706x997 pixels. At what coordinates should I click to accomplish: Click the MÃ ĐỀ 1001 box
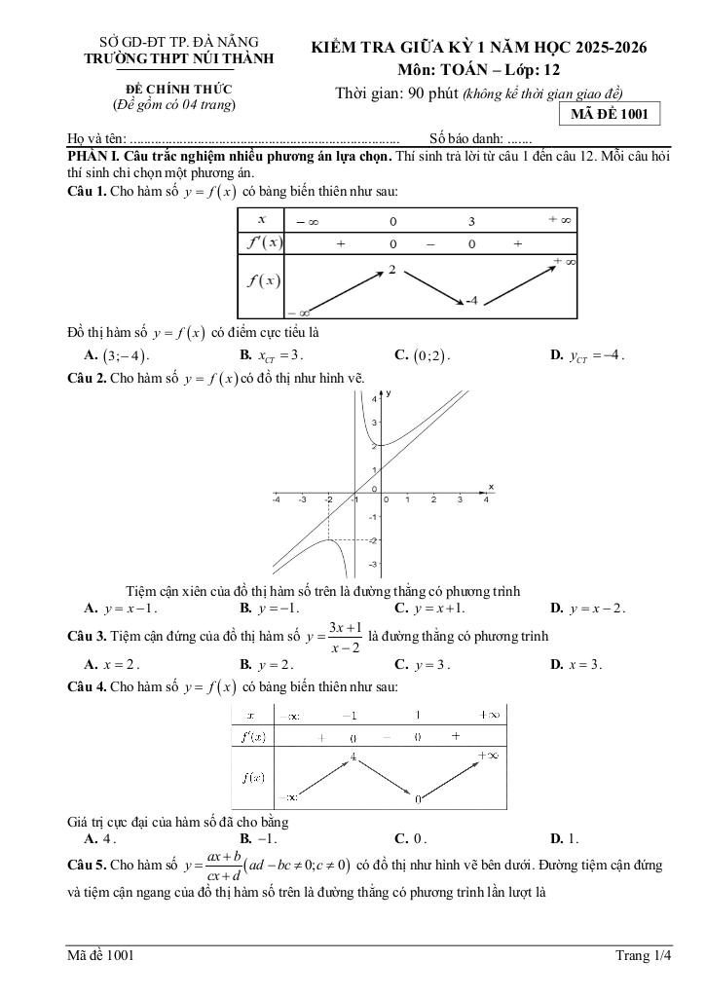(x=609, y=114)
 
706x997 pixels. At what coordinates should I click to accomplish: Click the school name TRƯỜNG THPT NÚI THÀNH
(x=179, y=58)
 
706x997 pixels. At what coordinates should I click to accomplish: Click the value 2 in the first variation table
(x=391, y=269)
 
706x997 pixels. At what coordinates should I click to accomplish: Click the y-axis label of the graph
(x=388, y=392)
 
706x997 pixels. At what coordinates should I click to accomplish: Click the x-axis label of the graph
(x=491, y=486)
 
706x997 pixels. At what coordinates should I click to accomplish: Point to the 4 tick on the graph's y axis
(x=374, y=399)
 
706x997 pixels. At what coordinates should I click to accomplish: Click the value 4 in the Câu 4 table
(x=353, y=757)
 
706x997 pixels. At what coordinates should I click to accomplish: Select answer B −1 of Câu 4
(x=258, y=837)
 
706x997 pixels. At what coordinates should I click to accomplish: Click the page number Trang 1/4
(x=644, y=955)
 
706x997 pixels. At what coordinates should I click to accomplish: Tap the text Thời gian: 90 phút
(x=396, y=93)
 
